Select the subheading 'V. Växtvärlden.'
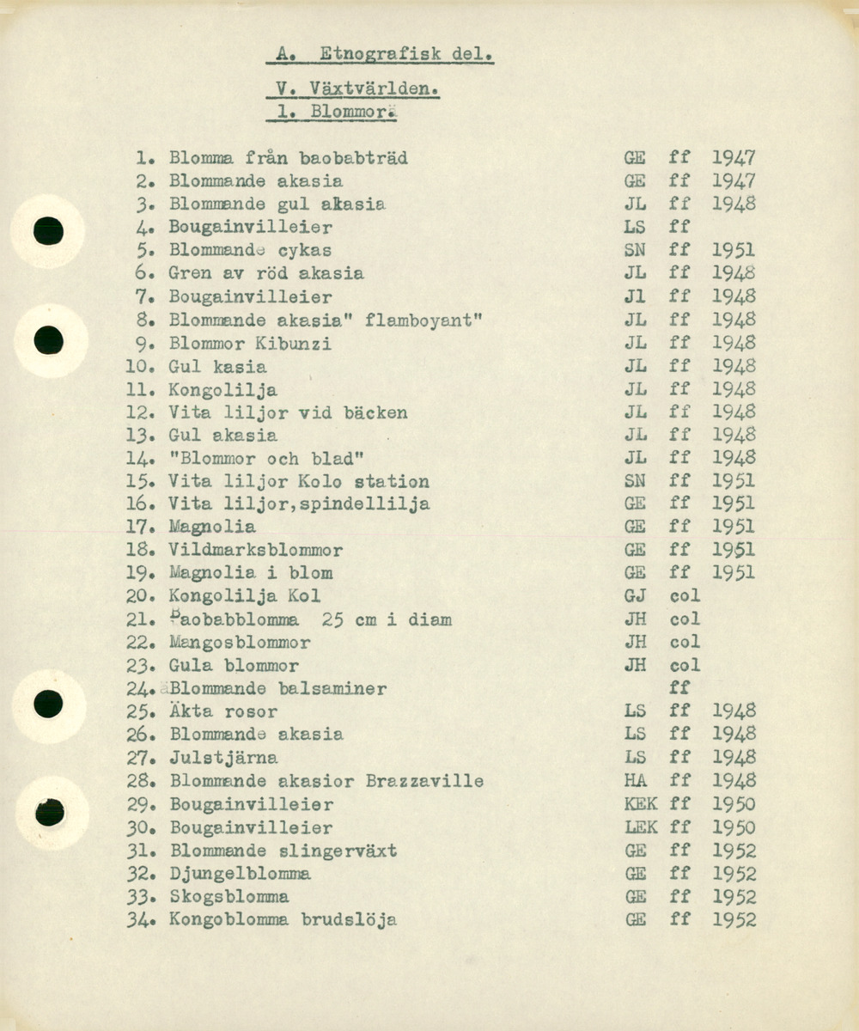(353, 88)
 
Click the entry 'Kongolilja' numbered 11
(222, 390)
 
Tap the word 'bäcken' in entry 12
(375, 413)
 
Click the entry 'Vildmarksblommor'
(255, 551)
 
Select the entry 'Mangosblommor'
(240, 643)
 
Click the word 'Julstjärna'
(222, 758)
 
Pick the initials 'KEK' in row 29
(641, 805)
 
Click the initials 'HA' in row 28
(636, 781)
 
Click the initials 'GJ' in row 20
(636, 596)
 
